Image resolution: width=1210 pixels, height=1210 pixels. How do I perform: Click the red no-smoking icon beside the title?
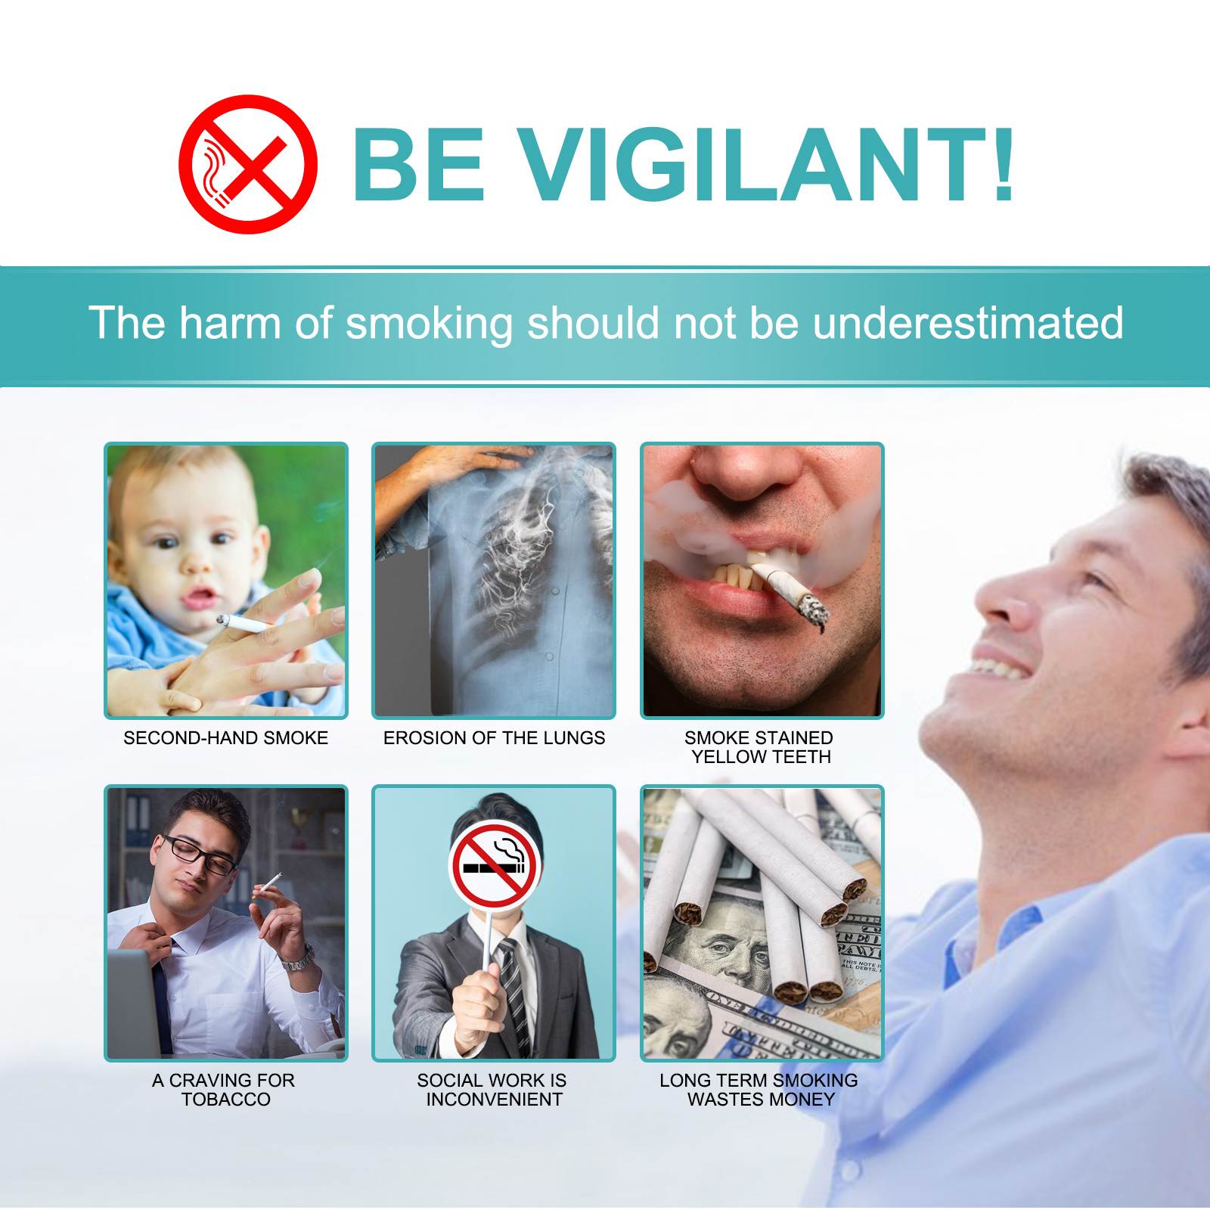(x=247, y=164)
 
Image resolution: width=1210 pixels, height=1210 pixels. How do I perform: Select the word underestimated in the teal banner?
(x=968, y=323)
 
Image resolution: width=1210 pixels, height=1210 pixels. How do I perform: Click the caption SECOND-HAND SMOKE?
(x=225, y=737)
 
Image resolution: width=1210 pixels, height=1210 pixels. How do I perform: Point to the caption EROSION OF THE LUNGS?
(x=494, y=737)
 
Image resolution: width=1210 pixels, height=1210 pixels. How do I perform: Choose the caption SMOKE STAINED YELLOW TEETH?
(x=760, y=747)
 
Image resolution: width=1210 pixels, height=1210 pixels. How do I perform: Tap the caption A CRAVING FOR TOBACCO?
(x=225, y=1090)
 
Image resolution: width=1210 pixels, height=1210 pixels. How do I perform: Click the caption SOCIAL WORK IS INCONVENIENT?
(x=493, y=1090)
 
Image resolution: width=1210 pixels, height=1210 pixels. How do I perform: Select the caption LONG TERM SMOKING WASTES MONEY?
(x=759, y=1090)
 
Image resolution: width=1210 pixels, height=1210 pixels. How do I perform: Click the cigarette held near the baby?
(x=242, y=623)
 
